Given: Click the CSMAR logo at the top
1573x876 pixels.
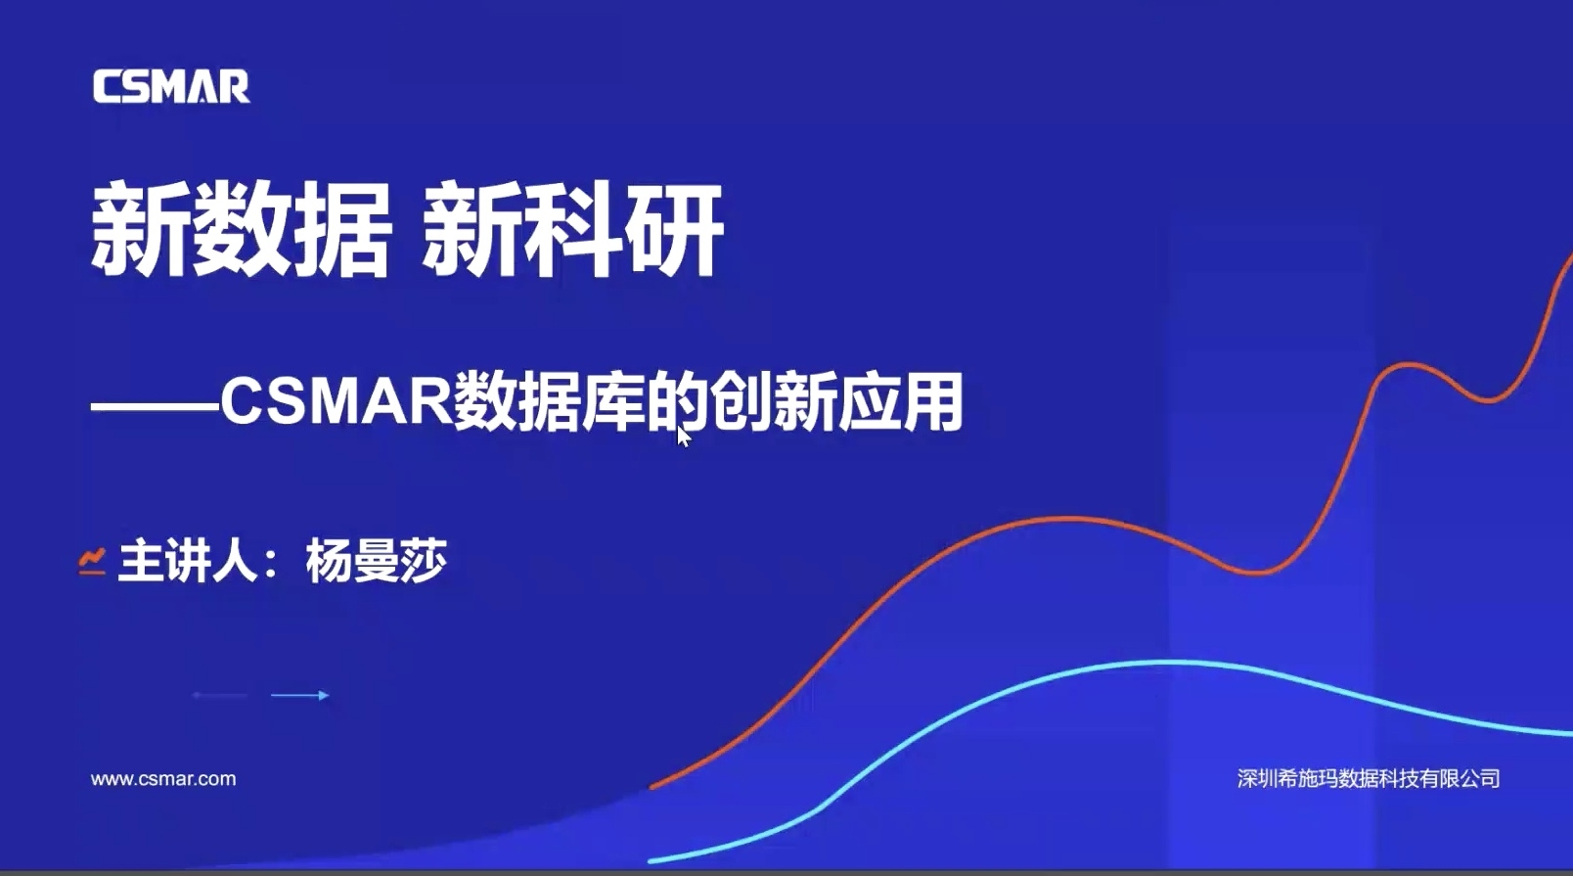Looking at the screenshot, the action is pos(171,86).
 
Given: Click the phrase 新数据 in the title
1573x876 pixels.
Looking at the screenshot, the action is pos(241,230).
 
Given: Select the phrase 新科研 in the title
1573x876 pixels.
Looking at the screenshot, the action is pos(572,230).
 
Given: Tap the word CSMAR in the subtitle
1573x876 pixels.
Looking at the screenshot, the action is pos(337,402).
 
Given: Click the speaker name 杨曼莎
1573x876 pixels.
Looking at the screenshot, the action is pos(377,561).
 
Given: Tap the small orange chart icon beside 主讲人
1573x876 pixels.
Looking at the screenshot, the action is pos(92,561).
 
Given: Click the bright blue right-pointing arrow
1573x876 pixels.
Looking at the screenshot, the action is pos(300,696).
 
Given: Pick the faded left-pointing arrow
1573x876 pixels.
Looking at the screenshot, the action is pos(220,696).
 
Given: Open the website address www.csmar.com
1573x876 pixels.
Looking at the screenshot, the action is pos(163,779).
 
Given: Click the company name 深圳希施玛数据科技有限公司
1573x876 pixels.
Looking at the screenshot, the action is pos(1369,778).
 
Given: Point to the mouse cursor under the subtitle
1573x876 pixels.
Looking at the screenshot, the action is pos(683,437).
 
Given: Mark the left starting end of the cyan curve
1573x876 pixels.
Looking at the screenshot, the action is pos(652,860).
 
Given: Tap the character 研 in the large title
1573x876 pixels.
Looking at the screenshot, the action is pos(675,230).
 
